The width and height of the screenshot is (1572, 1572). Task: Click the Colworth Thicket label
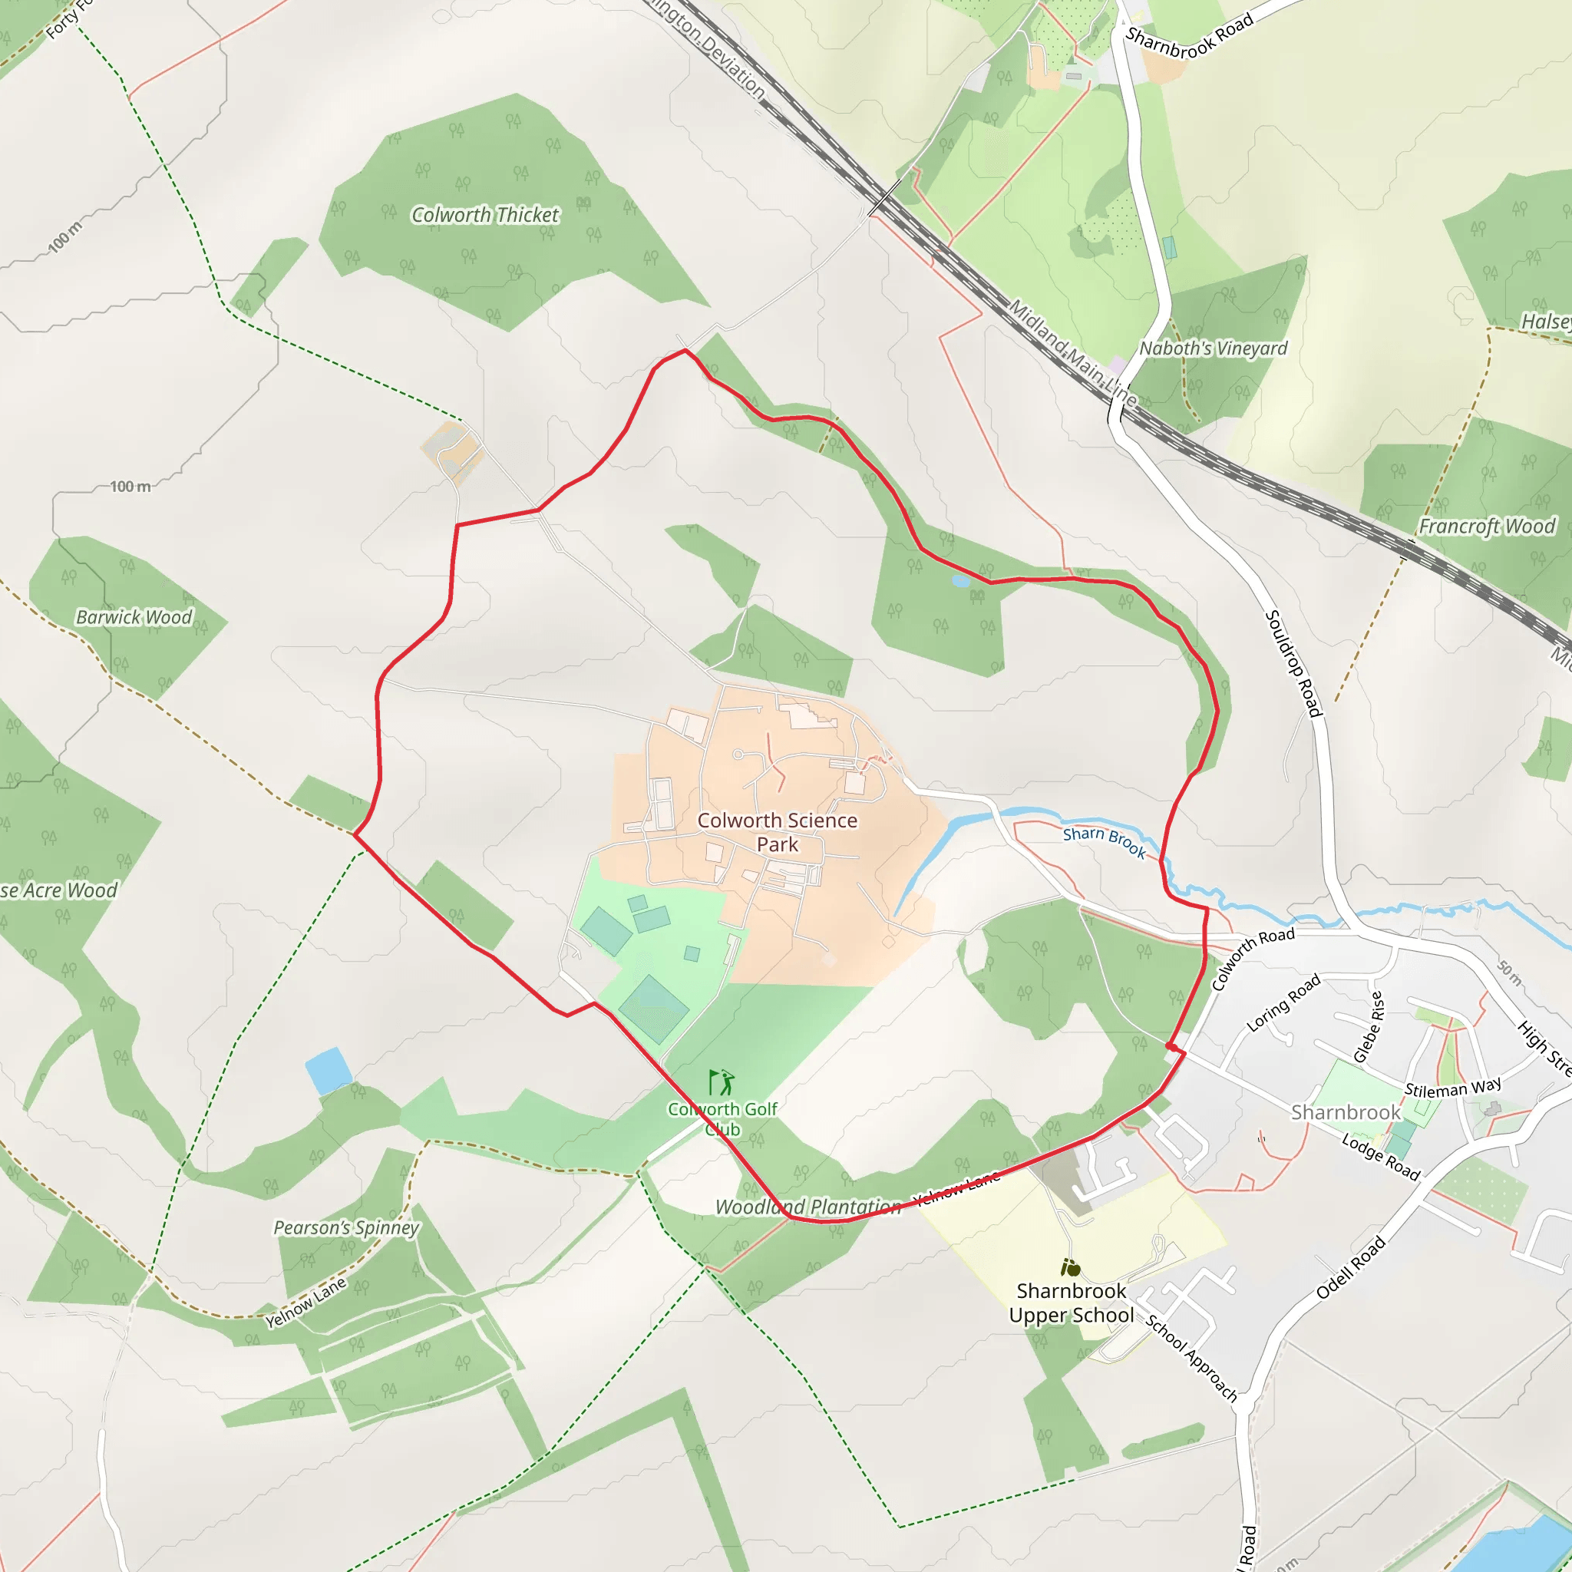click(x=485, y=215)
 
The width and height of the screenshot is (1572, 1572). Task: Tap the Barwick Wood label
click(x=134, y=617)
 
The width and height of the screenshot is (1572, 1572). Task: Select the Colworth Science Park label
click(x=777, y=831)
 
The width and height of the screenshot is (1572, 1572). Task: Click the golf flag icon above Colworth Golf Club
click(x=721, y=1083)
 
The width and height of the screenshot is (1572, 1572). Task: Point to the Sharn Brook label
click(x=1104, y=842)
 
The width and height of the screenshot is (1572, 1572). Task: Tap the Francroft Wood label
click(x=1487, y=527)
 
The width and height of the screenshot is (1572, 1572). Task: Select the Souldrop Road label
click(x=1293, y=663)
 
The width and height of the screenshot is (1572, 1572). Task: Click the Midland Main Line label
click(x=1072, y=352)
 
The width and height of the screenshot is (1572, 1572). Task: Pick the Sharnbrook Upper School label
click(x=1071, y=1303)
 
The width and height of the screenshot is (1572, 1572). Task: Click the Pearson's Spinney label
click(x=346, y=1227)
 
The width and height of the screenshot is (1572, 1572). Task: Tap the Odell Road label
click(x=1350, y=1268)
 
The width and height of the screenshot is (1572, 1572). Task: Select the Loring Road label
click(x=1283, y=1004)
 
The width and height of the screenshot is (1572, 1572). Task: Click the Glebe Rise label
click(x=1368, y=1027)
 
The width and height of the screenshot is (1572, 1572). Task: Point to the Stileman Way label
click(x=1452, y=1088)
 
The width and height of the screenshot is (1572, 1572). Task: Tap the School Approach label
click(x=1191, y=1357)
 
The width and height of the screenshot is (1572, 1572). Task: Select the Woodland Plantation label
click(x=807, y=1207)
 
